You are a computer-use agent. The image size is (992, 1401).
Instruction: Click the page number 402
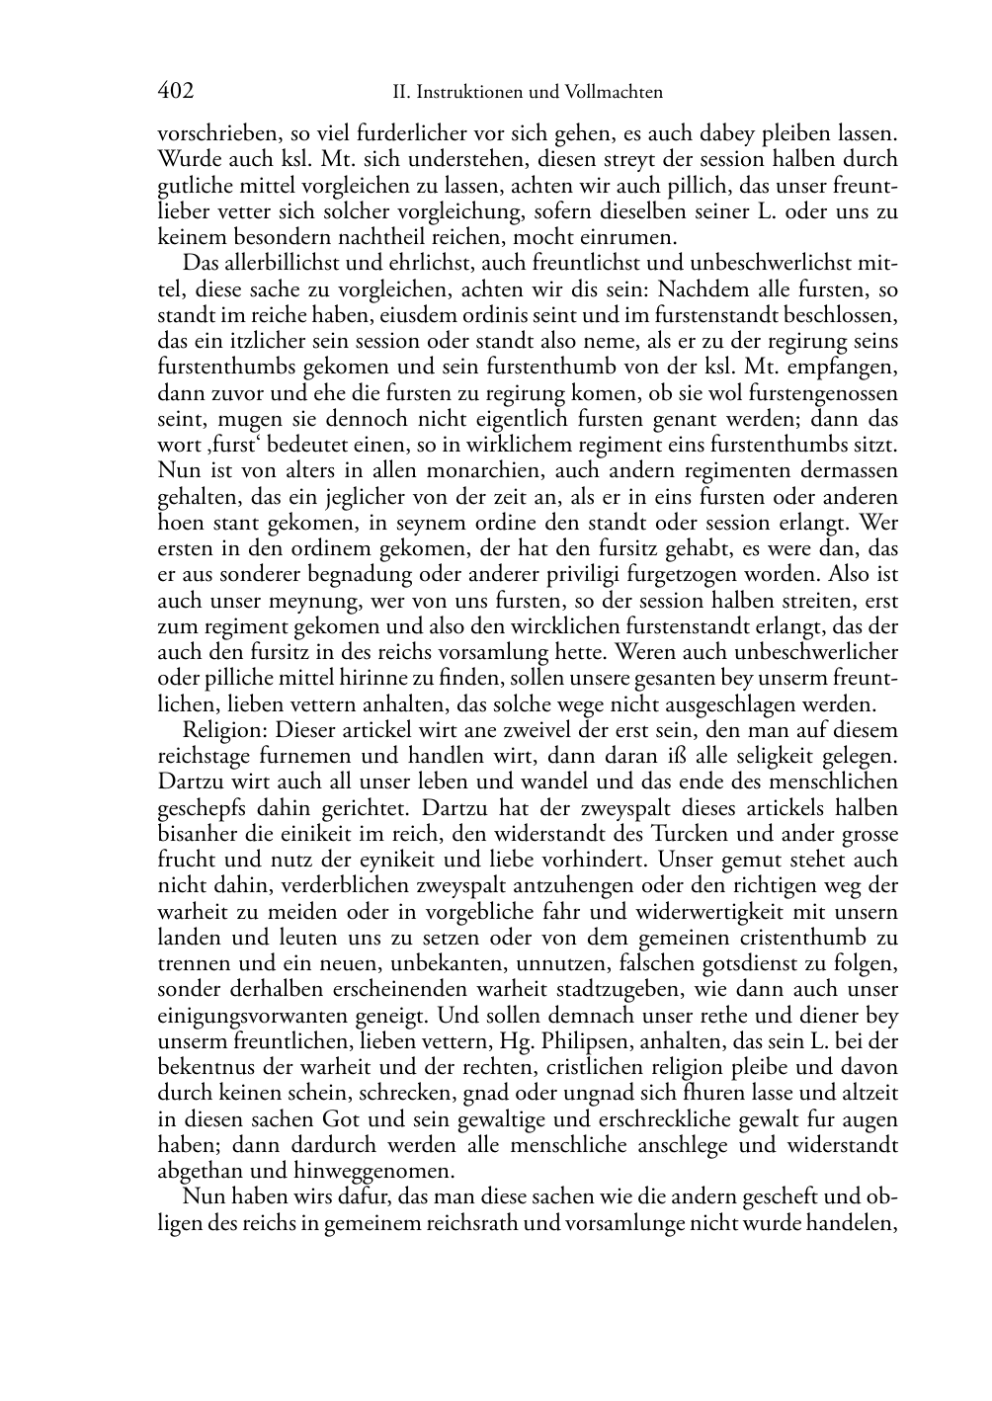(x=175, y=92)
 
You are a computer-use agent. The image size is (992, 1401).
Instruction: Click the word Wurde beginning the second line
(x=185, y=159)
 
